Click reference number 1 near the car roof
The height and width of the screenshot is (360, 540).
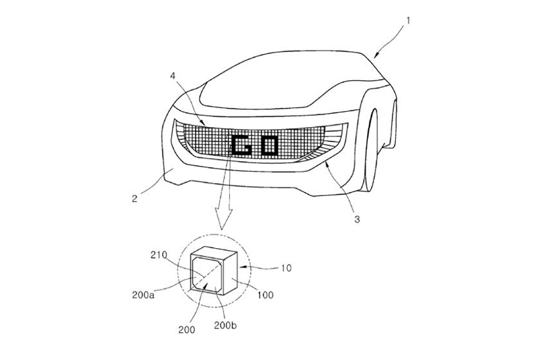point(408,21)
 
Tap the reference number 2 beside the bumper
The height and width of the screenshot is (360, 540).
point(134,199)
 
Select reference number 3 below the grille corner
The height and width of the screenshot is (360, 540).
point(357,219)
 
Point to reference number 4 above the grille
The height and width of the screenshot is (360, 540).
point(173,76)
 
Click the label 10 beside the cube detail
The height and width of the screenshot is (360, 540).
point(286,268)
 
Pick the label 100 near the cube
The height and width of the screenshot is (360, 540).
point(265,295)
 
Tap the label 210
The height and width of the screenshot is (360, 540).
point(159,255)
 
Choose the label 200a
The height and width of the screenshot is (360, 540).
point(144,295)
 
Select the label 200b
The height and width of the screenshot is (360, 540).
point(225,325)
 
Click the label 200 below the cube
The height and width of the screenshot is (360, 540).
point(186,330)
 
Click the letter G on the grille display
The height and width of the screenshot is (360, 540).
point(242,145)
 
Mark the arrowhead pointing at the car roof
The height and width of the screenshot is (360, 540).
point(377,55)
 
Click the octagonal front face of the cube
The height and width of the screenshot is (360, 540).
point(207,274)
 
